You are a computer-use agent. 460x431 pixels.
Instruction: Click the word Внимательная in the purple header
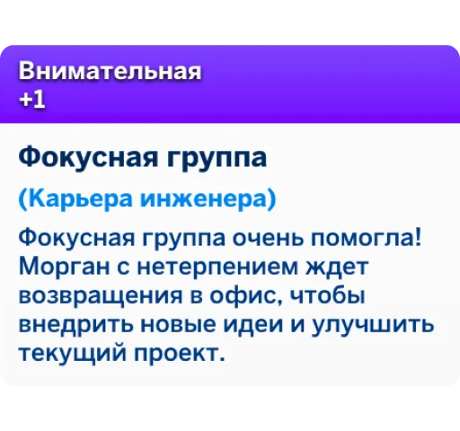coord(110,71)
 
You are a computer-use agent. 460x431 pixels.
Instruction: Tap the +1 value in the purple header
coord(32,99)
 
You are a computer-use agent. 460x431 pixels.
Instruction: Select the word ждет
coord(337,268)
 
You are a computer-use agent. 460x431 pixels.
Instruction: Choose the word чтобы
coord(328,295)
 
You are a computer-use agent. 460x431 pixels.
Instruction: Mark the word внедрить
coord(75,325)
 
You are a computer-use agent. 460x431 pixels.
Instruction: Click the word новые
coord(178,325)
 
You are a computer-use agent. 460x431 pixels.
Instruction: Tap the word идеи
coord(253,325)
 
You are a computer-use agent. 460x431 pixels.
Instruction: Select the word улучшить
coord(373,325)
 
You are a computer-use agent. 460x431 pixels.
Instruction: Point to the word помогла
coord(362,239)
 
